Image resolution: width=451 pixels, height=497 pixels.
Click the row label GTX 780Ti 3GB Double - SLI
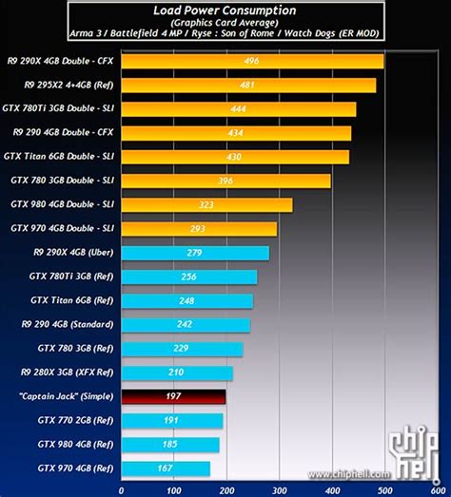pyautogui.click(x=62, y=109)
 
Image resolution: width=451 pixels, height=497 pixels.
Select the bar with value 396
pyautogui.click(x=225, y=181)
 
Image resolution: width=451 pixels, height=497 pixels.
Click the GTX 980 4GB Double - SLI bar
pyautogui.click(x=206, y=204)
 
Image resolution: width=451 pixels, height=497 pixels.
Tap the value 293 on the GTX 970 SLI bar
pyautogui.click(x=198, y=229)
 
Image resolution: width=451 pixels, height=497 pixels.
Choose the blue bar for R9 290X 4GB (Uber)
pyautogui.click(x=195, y=253)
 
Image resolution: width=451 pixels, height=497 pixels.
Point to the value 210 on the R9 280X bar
pyautogui.click(x=175, y=373)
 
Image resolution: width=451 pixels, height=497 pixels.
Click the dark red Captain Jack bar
pyautogui.click(x=172, y=396)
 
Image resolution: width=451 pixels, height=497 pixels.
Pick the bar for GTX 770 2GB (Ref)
pyautogui.click(x=171, y=420)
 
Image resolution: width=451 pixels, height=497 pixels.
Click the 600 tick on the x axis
pyautogui.click(x=435, y=490)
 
